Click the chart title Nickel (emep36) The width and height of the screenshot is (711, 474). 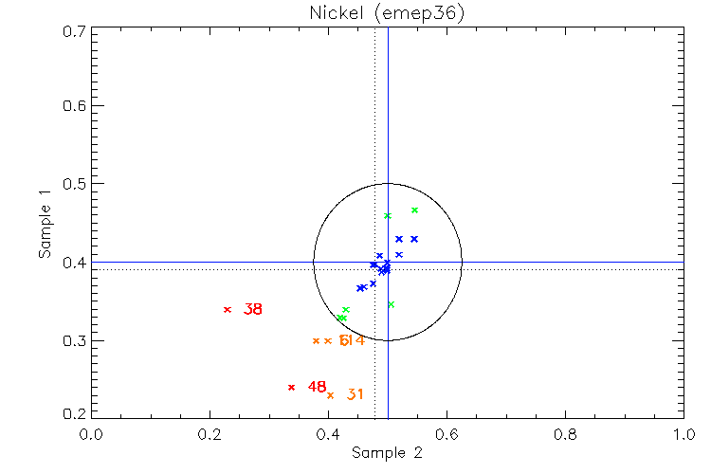pos(388,14)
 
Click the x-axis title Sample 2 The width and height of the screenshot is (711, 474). pos(387,454)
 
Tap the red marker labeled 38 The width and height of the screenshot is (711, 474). pos(228,309)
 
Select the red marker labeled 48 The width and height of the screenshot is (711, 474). pos(291,387)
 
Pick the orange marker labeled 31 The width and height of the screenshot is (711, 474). pos(331,395)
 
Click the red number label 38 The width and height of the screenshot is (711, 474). pos(253,309)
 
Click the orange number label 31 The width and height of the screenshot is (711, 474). pos(355,394)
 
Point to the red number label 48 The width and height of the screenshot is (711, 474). pos(317,387)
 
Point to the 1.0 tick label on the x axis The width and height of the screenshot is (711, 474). pos(684,434)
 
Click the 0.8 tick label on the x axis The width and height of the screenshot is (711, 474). pos(565,434)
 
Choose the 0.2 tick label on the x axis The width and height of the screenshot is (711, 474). pos(210,434)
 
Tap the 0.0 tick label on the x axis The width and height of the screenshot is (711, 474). pos(92,434)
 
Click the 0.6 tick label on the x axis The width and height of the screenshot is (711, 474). pos(447,434)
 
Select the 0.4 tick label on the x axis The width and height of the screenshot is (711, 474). pos(329,434)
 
